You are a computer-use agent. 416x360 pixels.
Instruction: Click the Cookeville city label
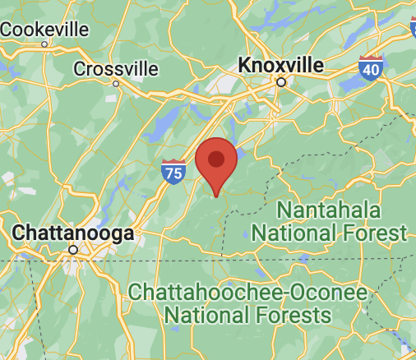point(44,29)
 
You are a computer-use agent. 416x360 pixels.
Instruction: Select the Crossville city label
point(115,68)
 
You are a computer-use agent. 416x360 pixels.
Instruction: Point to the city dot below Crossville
point(115,83)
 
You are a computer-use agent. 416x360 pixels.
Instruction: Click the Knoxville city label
point(280,64)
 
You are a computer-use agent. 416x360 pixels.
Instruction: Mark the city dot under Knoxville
point(280,82)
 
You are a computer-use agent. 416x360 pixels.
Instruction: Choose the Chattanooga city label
point(73,233)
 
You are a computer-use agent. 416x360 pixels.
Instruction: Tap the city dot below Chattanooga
point(73,249)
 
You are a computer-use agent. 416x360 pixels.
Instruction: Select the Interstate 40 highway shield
point(371,69)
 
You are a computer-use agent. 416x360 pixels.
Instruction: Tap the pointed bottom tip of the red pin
point(216,196)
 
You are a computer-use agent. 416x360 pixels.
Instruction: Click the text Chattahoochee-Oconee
point(246,291)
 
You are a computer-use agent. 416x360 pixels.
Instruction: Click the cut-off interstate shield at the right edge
point(413,27)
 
